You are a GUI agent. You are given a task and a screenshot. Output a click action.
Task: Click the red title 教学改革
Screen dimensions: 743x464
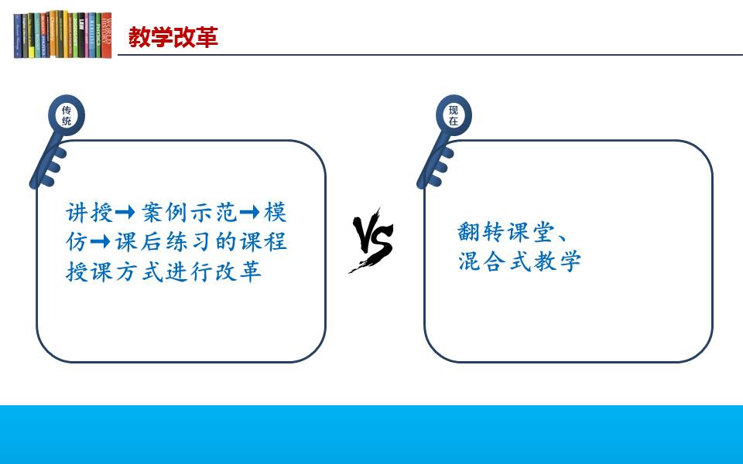173,37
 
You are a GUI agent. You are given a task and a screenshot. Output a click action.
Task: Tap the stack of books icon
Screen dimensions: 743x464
63,35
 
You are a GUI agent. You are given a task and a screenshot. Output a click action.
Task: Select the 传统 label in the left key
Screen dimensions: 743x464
67,115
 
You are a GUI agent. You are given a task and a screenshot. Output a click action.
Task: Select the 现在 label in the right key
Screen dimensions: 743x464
454,115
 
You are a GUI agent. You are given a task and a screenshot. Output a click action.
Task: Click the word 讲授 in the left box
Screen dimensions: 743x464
90,213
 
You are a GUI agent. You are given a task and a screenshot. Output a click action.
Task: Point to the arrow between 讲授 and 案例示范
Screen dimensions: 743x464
125,212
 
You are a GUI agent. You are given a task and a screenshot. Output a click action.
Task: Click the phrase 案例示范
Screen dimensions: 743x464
189,213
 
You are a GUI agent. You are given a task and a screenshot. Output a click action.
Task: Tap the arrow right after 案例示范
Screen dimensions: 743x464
250,212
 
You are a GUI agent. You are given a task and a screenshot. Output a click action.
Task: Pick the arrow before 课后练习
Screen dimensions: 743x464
101,242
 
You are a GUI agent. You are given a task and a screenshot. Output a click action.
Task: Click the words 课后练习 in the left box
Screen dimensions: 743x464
164,242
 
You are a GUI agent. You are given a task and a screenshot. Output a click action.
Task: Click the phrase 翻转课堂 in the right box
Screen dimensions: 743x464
506,232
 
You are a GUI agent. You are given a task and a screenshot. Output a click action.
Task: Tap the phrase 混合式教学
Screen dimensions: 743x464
519,261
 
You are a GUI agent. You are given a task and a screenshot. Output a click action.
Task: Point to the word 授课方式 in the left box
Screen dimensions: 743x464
115,271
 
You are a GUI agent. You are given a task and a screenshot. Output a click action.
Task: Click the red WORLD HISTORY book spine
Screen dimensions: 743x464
107,35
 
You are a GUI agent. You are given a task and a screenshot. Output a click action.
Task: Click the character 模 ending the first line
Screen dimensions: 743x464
276,213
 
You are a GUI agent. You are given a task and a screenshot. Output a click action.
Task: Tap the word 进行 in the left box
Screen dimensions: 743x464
189,271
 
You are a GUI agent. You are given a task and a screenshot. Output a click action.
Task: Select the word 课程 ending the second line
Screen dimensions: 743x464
263,242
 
